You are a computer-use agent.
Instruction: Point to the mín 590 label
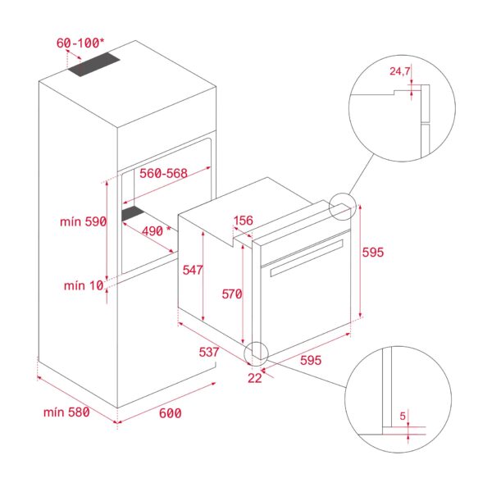coord(84,223)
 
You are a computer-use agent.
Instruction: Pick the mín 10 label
coord(84,285)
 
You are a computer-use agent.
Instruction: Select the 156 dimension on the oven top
coord(244,221)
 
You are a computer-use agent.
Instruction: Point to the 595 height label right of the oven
coord(373,253)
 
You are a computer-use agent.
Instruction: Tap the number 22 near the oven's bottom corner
coord(255,377)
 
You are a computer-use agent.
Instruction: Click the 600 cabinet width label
coord(169,413)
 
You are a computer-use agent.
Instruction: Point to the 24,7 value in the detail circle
coord(400,72)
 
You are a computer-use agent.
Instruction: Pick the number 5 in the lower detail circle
coord(403,416)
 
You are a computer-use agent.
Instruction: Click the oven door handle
coord(303,256)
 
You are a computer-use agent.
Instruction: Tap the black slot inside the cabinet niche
coord(133,215)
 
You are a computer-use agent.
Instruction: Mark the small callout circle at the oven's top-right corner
coord(342,207)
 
